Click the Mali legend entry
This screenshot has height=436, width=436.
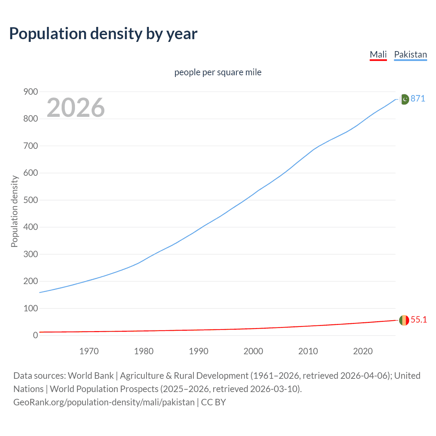pyautogui.click(x=378, y=54)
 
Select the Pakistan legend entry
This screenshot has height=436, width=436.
pyautogui.click(x=410, y=54)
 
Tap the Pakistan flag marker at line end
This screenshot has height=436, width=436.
pyautogui.click(x=404, y=99)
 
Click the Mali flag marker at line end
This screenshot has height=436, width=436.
pyautogui.click(x=404, y=320)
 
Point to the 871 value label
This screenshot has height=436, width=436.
pyautogui.click(x=418, y=98)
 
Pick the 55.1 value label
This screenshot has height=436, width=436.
pyautogui.click(x=419, y=320)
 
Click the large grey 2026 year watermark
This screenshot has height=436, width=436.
pyautogui.click(x=76, y=108)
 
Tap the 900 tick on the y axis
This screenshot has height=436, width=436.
pyautogui.click(x=31, y=92)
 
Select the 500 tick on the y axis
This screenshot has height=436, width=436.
pyautogui.click(x=31, y=200)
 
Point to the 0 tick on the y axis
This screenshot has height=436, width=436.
pyautogui.click(x=35, y=335)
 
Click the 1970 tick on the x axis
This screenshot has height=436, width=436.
pyautogui.click(x=89, y=351)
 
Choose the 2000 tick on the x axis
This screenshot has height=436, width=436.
pyautogui.click(x=253, y=351)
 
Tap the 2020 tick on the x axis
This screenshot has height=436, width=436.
pyautogui.click(x=363, y=351)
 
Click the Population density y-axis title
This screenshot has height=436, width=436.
pyautogui.click(x=14, y=211)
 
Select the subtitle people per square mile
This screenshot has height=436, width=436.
pyautogui.click(x=218, y=72)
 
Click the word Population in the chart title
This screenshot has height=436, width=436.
pyautogui.click(x=48, y=33)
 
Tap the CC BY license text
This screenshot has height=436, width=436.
pyautogui.click(x=214, y=402)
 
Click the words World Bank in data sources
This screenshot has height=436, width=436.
pyautogui.click(x=91, y=376)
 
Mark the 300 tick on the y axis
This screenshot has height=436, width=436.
pyautogui.click(x=31, y=254)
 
